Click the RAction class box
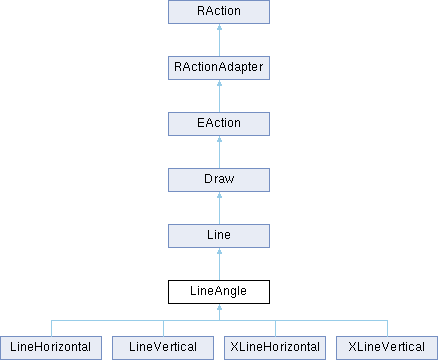(x=218, y=13)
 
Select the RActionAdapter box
(x=218, y=69)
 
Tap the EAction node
(x=218, y=125)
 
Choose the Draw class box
(x=218, y=181)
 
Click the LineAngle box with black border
(x=218, y=293)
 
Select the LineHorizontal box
(x=50, y=348)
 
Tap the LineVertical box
(x=162, y=348)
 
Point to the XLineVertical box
(x=386, y=348)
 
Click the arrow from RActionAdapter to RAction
(x=218, y=41)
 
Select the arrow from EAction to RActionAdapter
(x=218, y=97)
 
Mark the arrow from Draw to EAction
(x=218, y=153)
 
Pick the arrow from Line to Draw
(x=218, y=209)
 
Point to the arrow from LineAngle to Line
(x=218, y=265)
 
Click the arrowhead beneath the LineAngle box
(x=218, y=311)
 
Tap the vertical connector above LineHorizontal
(x=50, y=328)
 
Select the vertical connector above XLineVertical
(x=386, y=328)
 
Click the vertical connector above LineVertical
(x=162, y=328)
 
